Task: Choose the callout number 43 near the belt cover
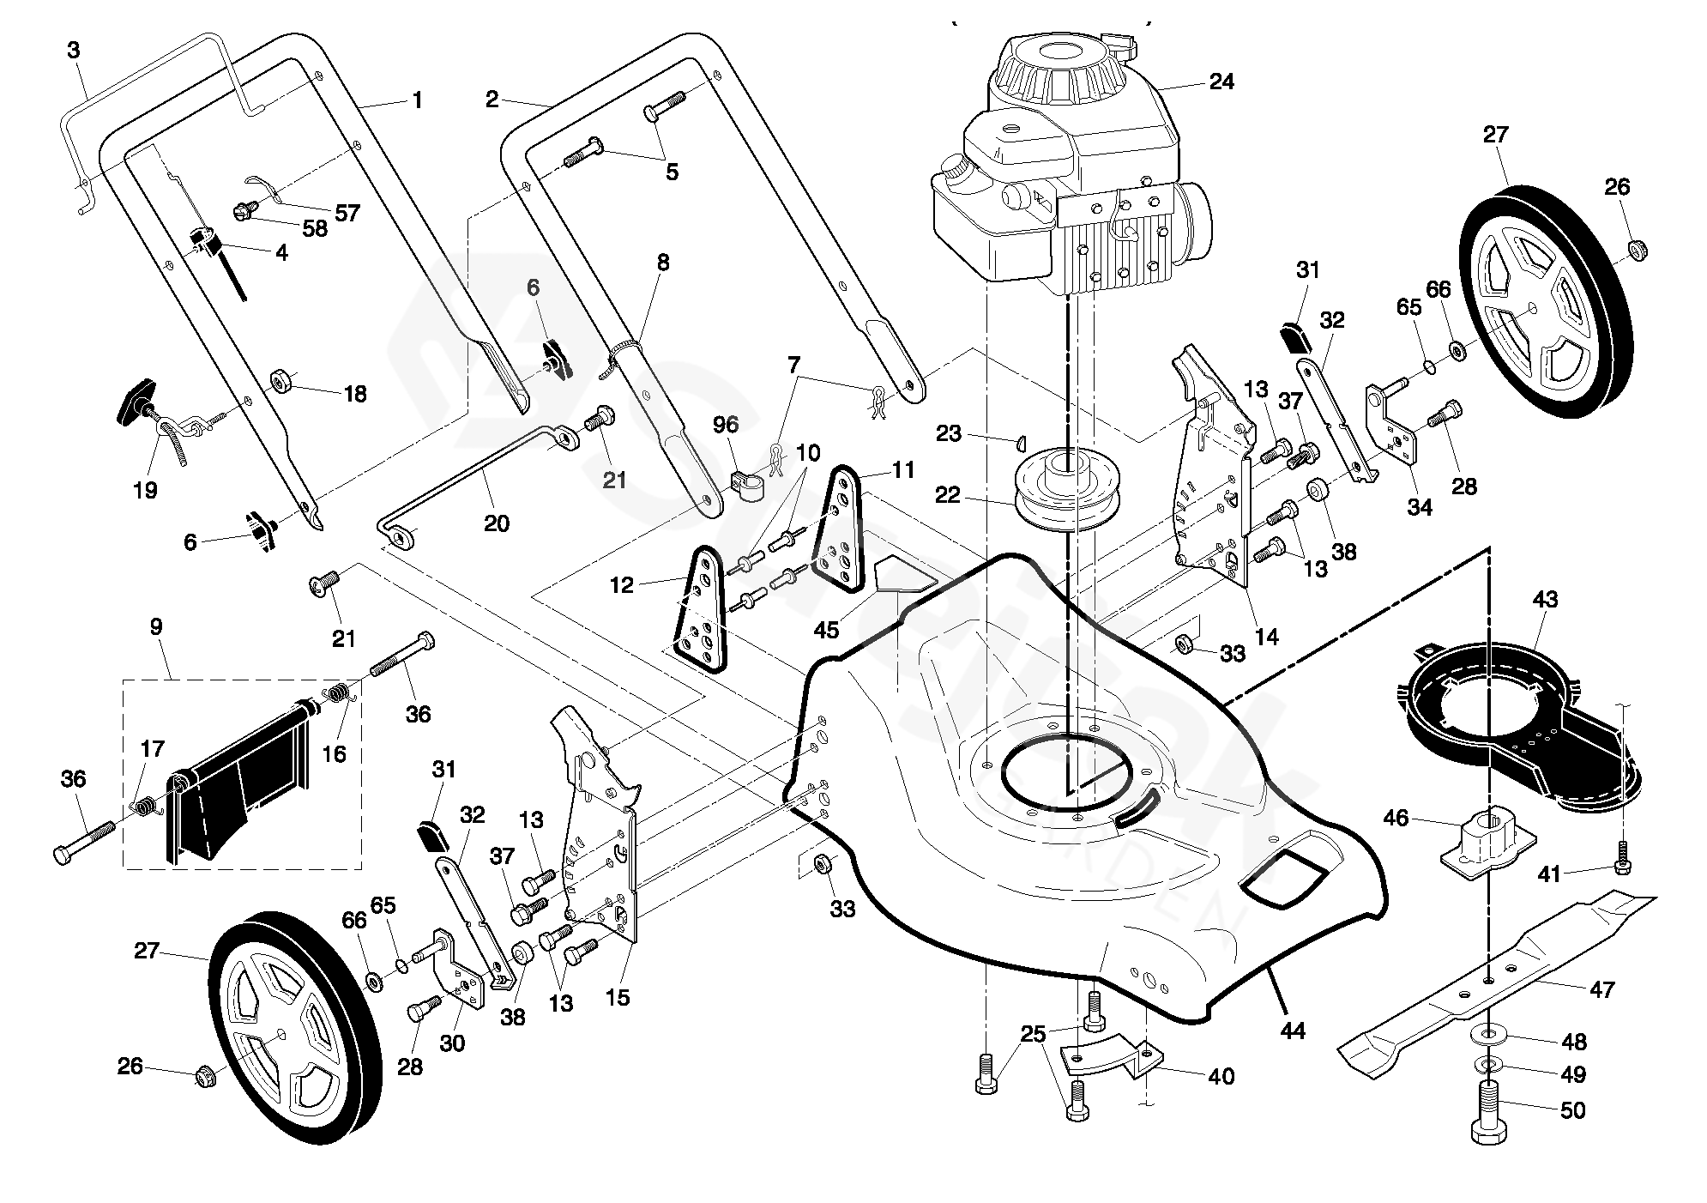click(x=1546, y=599)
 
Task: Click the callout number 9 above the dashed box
click(x=155, y=627)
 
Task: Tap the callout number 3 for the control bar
click(x=73, y=51)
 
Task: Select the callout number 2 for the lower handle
click(x=492, y=100)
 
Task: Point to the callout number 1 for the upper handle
click(x=417, y=100)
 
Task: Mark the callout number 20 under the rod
click(x=497, y=523)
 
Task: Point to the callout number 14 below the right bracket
click(x=1266, y=636)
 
